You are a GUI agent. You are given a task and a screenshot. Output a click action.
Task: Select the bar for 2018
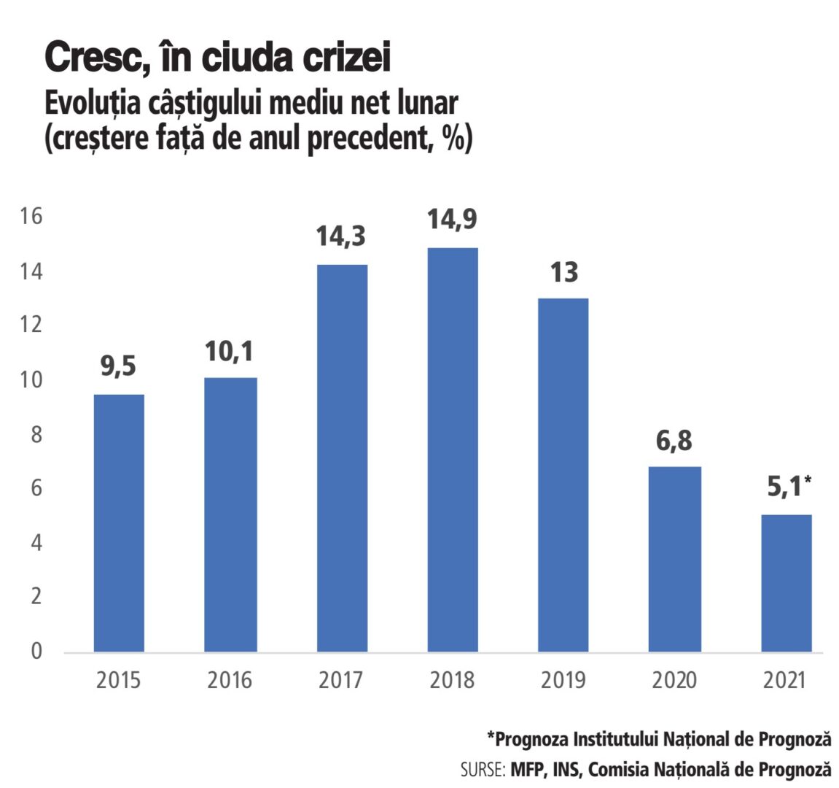click(453, 449)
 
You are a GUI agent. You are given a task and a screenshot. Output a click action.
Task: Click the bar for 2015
click(119, 522)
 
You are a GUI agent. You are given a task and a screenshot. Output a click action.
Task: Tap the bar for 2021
click(787, 583)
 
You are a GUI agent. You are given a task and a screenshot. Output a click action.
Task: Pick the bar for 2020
click(675, 559)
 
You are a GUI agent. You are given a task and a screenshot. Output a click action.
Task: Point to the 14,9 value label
click(452, 219)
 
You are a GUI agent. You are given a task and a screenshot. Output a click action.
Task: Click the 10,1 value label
click(229, 352)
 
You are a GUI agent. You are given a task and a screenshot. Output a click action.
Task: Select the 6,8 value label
click(674, 441)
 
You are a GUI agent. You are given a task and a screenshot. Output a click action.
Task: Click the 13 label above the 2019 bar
click(563, 272)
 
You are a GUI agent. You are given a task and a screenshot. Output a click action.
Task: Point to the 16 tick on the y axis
click(32, 216)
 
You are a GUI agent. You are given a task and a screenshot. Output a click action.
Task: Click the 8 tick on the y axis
click(36, 434)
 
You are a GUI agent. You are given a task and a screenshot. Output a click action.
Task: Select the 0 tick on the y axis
click(36, 651)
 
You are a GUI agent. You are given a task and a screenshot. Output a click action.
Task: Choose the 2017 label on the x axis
click(340, 680)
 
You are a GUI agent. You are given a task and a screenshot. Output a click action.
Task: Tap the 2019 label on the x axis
click(563, 680)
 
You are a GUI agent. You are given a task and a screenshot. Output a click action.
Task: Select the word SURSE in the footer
click(482, 770)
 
